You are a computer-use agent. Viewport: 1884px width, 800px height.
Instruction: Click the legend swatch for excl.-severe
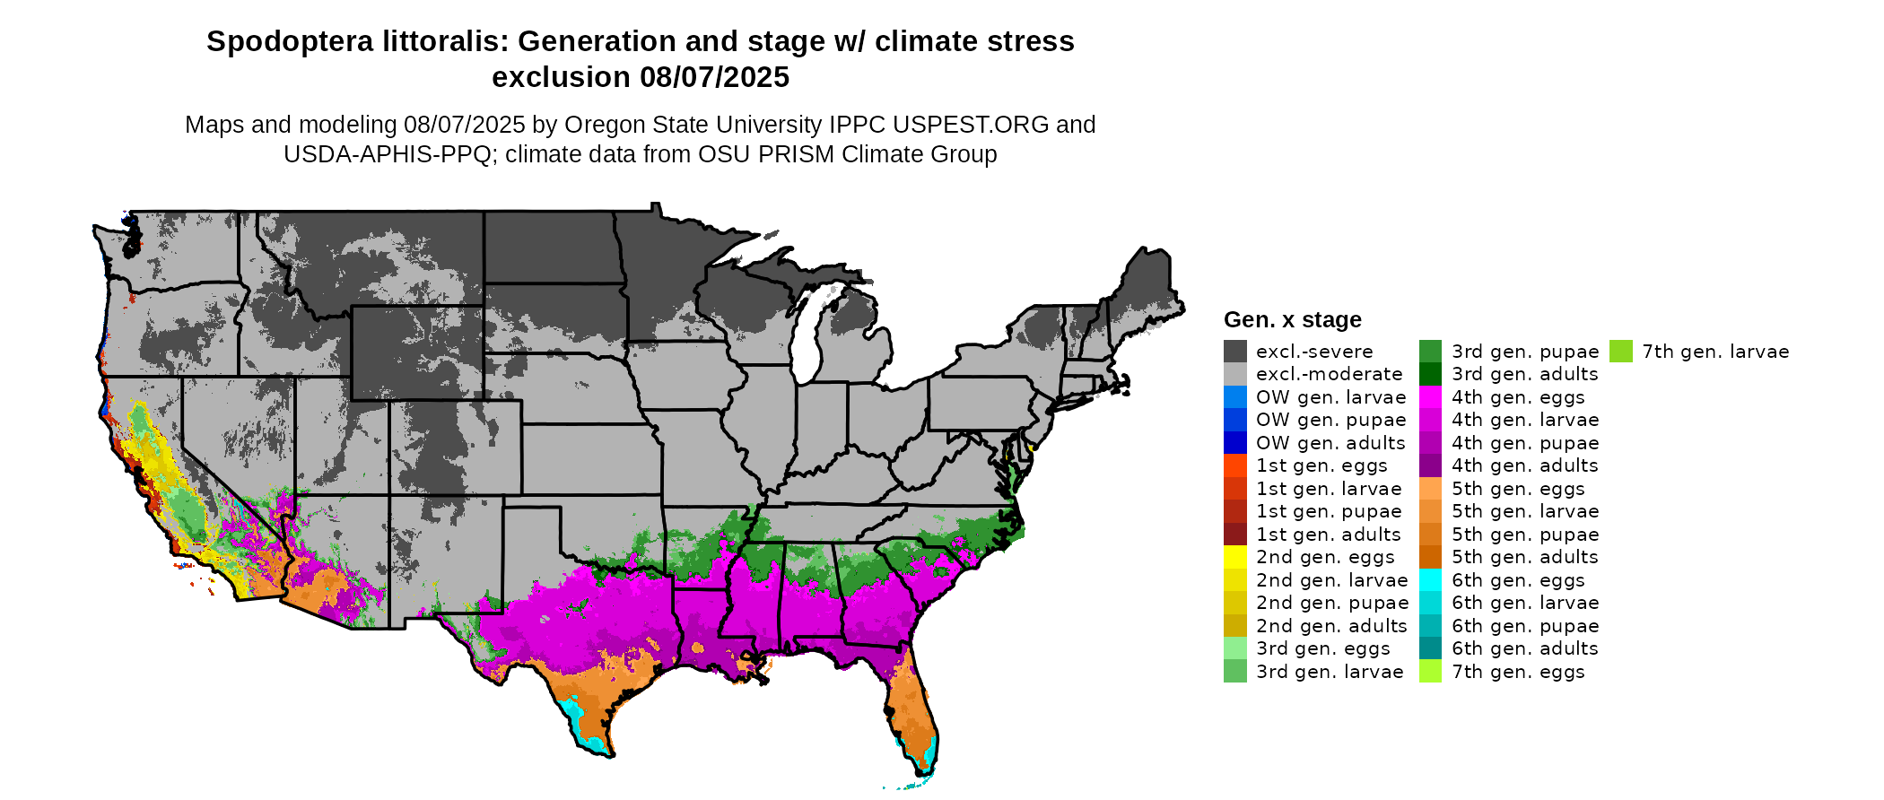click(x=1234, y=352)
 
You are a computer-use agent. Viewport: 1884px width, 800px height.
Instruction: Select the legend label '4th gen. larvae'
click(x=1525, y=420)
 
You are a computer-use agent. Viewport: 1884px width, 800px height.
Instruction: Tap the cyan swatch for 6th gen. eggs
click(x=1430, y=579)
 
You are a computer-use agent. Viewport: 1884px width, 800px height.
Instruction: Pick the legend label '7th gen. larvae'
click(x=1715, y=352)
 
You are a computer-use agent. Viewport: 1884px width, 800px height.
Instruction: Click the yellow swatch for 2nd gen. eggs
click(x=1234, y=557)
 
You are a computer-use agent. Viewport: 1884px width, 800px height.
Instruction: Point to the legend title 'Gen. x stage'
click(x=1292, y=320)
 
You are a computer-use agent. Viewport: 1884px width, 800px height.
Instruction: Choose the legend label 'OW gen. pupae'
click(x=1330, y=420)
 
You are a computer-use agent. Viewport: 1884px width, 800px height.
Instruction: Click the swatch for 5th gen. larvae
click(x=1430, y=511)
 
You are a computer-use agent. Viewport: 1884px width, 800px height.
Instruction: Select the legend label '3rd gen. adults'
click(x=1525, y=374)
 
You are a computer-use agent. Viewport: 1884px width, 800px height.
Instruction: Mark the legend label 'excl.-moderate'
click(x=1329, y=374)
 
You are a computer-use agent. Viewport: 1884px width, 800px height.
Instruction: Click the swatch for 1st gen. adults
click(x=1234, y=535)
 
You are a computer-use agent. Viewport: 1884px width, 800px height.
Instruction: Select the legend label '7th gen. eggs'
click(x=1518, y=672)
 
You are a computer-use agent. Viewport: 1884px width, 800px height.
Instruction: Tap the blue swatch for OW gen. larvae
click(x=1234, y=397)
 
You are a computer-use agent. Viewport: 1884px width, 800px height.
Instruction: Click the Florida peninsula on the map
click(x=911, y=709)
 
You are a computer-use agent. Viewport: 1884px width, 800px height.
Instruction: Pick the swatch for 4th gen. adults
click(x=1430, y=465)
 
